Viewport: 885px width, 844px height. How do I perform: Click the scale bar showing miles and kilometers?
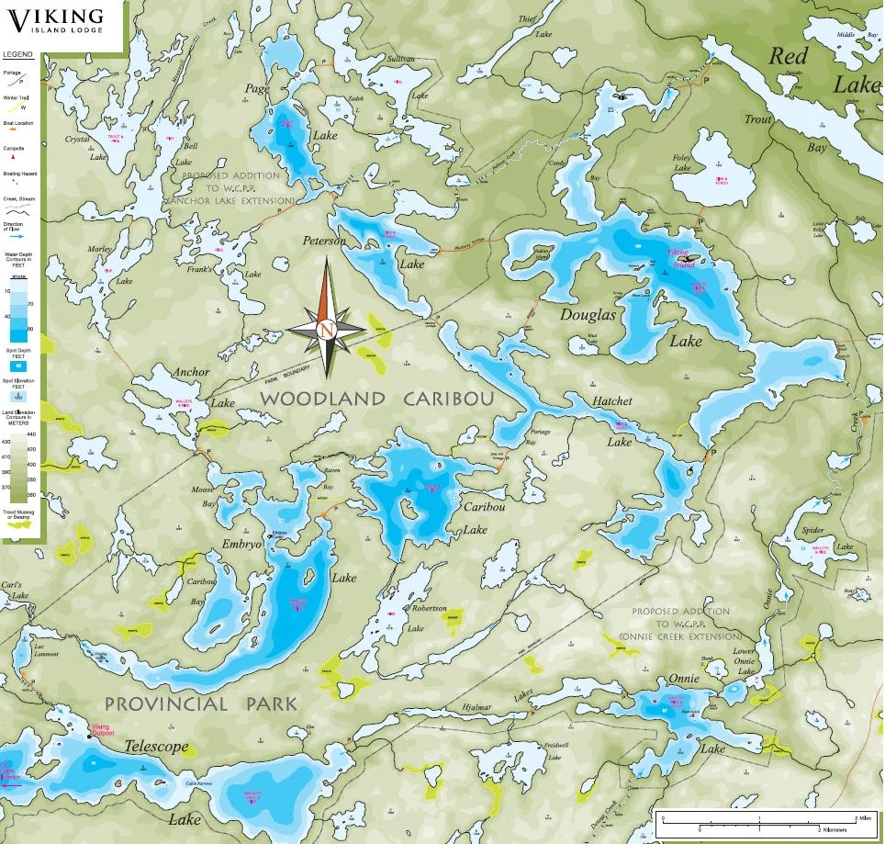click(761, 821)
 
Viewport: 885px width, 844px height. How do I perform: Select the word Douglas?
click(588, 314)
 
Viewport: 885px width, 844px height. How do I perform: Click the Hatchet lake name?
click(611, 401)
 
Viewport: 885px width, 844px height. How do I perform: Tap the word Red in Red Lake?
click(788, 56)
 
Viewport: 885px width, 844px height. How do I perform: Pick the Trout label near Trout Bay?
click(758, 119)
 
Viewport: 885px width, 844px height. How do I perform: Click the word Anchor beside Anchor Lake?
click(191, 372)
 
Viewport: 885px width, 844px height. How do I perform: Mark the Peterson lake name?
click(325, 241)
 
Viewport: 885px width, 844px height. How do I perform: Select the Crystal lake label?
click(77, 140)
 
